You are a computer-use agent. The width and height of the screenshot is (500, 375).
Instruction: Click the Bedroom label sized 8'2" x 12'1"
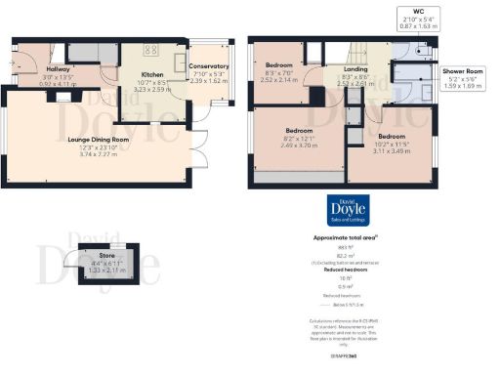point(299,130)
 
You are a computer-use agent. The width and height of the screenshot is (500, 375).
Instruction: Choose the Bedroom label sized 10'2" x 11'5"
point(392,136)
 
